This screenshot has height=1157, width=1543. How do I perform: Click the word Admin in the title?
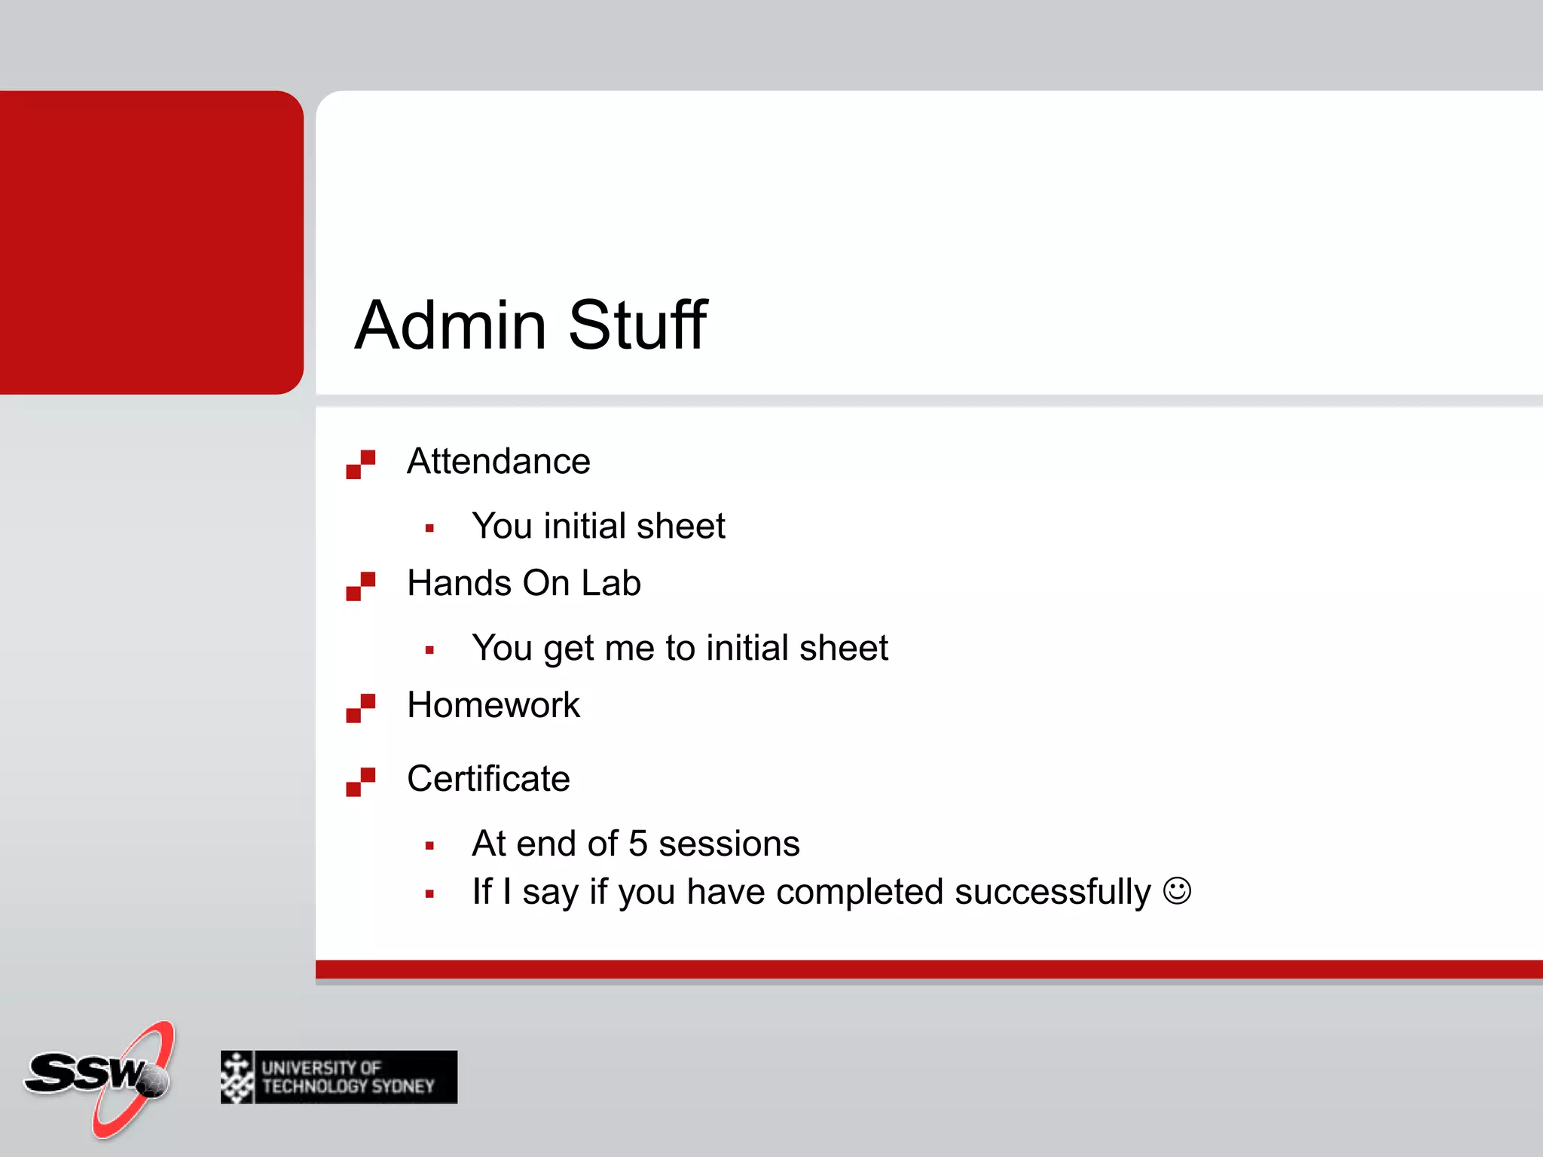click(x=451, y=325)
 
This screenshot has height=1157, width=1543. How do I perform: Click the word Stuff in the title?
click(x=637, y=325)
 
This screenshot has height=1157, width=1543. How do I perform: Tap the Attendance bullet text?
click(x=498, y=461)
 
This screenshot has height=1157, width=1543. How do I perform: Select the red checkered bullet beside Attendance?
click(x=360, y=464)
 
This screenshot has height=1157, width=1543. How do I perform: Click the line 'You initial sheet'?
click(x=598, y=526)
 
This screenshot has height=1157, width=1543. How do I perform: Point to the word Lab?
click(x=610, y=583)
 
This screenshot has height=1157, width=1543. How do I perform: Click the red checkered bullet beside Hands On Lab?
click(x=360, y=586)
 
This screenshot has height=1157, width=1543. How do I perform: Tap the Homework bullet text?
click(x=493, y=705)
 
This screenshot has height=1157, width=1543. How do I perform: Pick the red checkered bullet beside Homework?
click(x=360, y=708)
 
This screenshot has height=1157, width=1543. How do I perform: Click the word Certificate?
click(x=488, y=779)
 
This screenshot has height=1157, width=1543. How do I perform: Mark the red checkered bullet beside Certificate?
click(x=360, y=782)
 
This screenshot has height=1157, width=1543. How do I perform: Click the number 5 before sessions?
click(x=637, y=844)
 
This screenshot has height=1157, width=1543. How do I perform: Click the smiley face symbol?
click(x=1177, y=891)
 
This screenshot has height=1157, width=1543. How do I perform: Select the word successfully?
click(x=1053, y=893)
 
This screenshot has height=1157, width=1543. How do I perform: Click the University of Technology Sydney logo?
click(x=339, y=1077)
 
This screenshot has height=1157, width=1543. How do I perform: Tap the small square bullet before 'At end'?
click(x=429, y=846)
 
